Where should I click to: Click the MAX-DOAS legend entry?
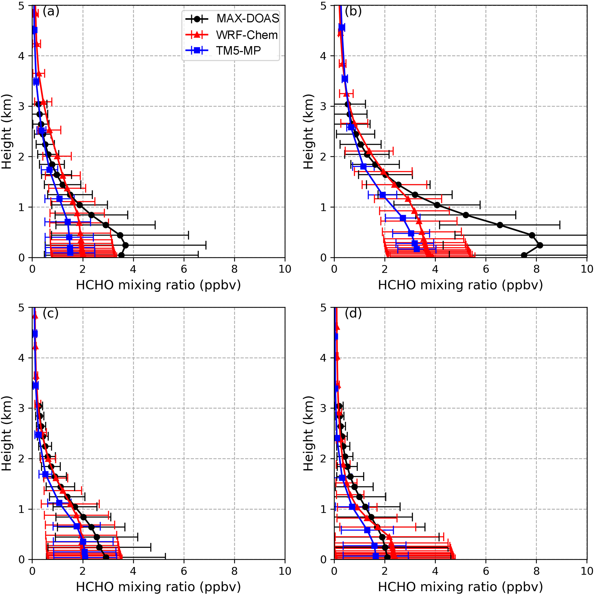click(x=248, y=18)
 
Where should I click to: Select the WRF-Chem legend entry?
click(x=247, y=35)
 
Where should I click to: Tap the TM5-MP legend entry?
click(x=238, y=50)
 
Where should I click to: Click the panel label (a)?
click(x=51, y=12)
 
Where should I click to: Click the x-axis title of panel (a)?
click(x=158, y=285)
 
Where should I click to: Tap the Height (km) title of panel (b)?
click(x=308, y=132)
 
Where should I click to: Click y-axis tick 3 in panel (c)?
click(x=22, y=408)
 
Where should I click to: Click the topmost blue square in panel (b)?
click(x=341, y=28)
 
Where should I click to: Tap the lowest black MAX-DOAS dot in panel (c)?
click(x=106, y=557)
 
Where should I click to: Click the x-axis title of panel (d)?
click(x=460, y=587)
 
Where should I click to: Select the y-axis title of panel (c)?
click(x=6, y=434)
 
